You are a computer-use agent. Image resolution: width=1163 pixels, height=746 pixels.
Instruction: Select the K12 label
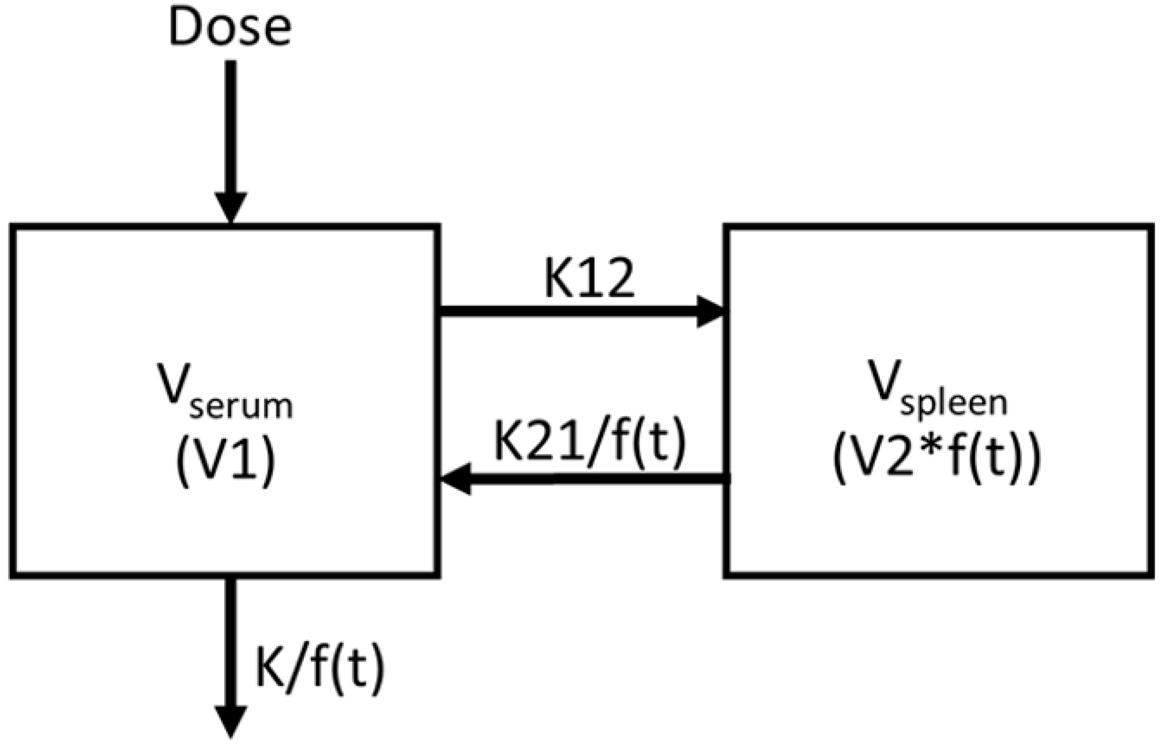click(x=588, y=279)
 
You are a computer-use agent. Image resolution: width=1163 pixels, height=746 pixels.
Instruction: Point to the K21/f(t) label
click(x=589, y=441)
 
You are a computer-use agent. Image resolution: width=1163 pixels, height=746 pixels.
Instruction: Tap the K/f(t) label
click(x=320, y=669)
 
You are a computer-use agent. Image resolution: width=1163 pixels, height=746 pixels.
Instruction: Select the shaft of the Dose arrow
click(x=231, y=126)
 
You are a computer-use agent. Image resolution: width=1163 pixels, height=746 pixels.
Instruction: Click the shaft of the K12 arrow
click(x=567, y=312)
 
